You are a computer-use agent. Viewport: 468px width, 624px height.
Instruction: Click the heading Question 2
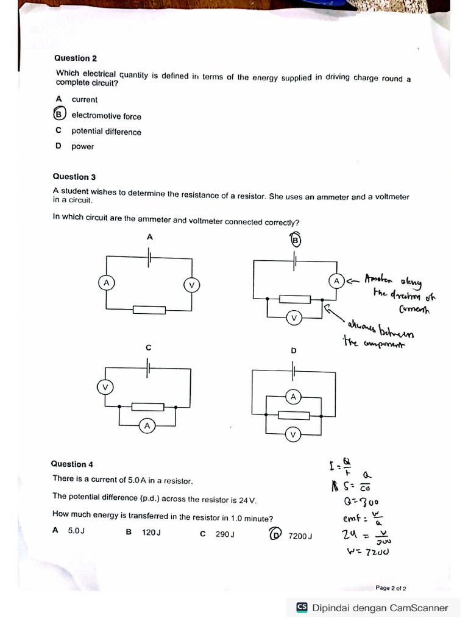click(76, 58)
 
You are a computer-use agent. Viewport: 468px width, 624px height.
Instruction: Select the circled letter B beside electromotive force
click(59, 115)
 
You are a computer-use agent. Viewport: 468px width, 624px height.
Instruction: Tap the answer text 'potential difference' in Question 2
click(106, 132)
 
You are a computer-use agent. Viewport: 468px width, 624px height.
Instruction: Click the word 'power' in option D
click(83, 147)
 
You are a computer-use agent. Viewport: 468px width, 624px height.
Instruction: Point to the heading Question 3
click(74, 177)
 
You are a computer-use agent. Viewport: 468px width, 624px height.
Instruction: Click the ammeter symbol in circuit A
click(106, 283)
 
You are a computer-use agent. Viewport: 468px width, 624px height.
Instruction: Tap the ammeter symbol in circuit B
click(336, 280)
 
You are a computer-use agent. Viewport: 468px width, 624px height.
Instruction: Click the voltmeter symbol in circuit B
click(294, 318)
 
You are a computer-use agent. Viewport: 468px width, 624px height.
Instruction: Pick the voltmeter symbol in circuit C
click(105, 387)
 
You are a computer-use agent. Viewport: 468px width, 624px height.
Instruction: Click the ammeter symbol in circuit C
click(147, 426)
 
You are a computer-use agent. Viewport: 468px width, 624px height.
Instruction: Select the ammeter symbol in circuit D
click(293, 397)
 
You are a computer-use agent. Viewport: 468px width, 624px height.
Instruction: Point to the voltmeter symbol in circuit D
click(293, 434)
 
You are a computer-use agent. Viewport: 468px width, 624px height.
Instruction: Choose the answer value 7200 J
click(300, 536)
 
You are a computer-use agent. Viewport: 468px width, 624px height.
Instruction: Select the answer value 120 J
click(151, 532)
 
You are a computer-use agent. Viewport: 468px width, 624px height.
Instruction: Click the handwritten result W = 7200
click(367, 552)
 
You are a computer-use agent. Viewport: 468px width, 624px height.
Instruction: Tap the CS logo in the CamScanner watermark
click(302, 607)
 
